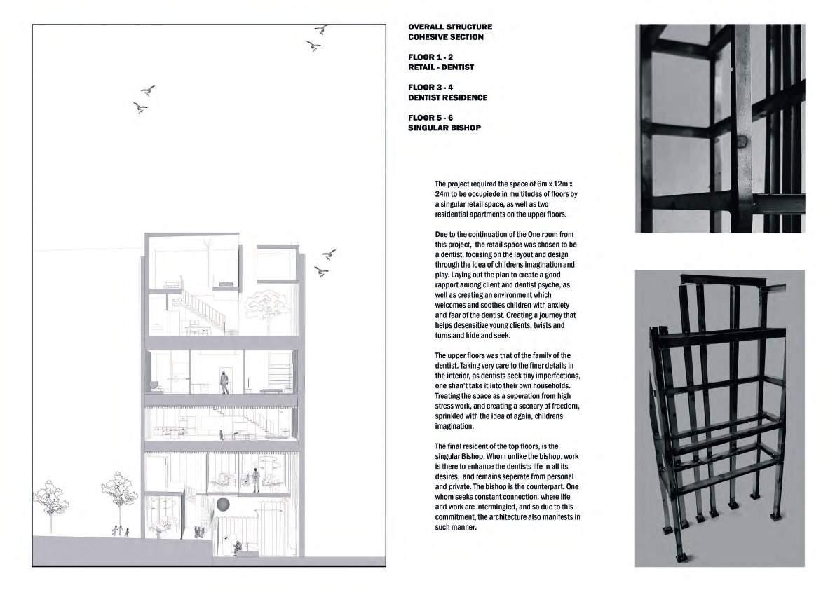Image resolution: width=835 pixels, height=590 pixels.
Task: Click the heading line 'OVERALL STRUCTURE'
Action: (450, 27)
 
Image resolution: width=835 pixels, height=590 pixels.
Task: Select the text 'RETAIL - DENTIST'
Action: (441, 67)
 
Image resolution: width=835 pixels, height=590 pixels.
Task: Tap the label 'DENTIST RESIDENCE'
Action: (447, 97)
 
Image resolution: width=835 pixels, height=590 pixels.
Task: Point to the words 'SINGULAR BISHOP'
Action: (444, 128)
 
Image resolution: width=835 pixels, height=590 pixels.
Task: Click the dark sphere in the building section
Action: (223, 504)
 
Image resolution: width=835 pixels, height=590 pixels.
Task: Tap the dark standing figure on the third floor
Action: (224, 382)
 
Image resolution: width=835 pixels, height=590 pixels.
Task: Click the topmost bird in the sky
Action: (321, 29)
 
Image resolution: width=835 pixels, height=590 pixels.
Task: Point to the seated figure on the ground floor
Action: (237, 547)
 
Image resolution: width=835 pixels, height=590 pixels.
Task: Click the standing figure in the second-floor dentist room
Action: (257, 480)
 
